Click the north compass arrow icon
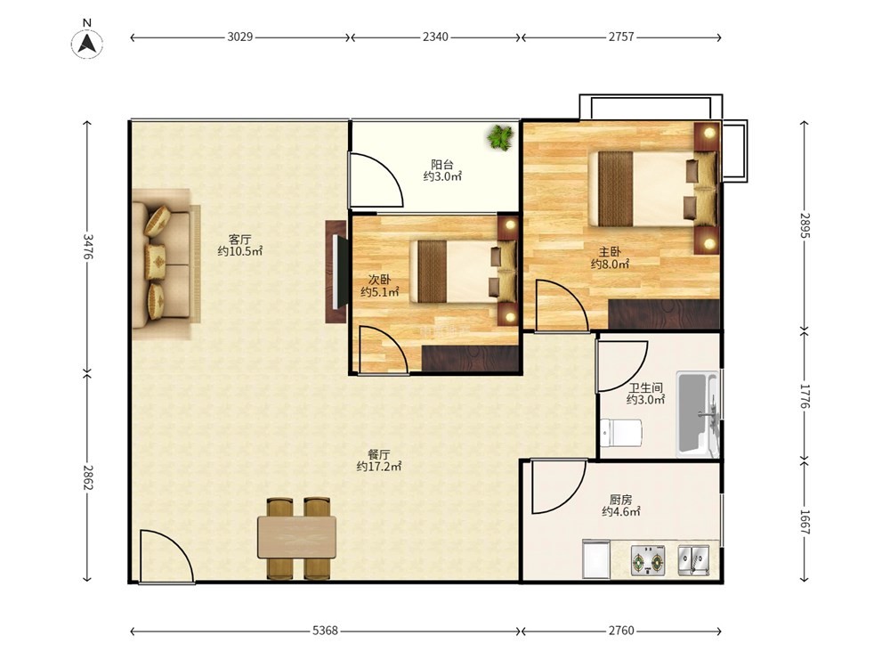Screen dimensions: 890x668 (87, 43)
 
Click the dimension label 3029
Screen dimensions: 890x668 (239, 37)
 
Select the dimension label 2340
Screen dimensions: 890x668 (435, 37)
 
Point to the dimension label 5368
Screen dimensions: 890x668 (325, 631)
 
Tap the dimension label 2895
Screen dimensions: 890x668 (805, 225)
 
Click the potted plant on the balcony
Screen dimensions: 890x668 (500, 137)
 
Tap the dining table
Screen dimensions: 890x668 (297, 537)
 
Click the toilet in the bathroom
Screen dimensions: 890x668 (621, 433)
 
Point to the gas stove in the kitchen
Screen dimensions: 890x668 (648, 560)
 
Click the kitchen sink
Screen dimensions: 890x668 (693, 560)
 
